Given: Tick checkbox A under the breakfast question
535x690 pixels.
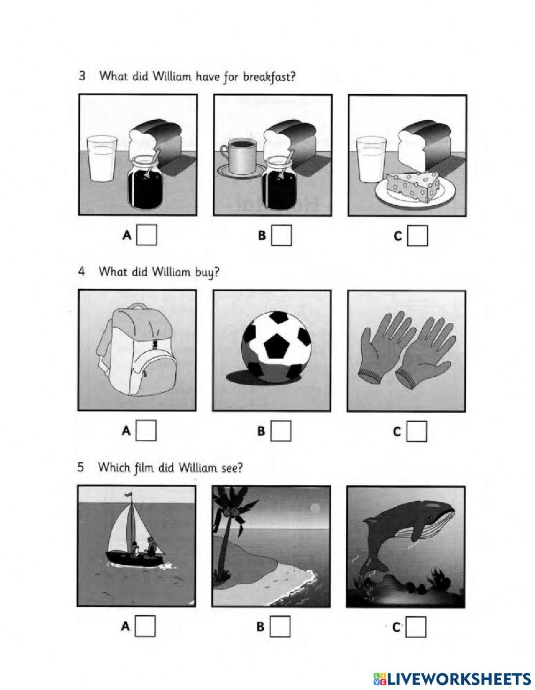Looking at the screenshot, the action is (147, 236).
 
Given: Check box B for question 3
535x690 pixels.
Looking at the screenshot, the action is (281, 236).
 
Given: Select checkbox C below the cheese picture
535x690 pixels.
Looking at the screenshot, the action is (417, 236).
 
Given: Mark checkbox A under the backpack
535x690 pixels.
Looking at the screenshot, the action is (146, 431).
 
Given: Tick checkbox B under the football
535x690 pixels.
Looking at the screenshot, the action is (280, 431).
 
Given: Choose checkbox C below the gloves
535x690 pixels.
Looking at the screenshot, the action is (417, 431).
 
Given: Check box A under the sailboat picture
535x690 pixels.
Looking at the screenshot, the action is (145, 626).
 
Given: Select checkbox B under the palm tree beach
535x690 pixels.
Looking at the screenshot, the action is (280, 626).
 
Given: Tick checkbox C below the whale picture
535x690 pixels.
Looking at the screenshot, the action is (416, 626).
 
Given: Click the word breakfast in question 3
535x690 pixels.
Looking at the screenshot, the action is (269, 77).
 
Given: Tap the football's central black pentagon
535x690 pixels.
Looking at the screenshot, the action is (276, 346).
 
